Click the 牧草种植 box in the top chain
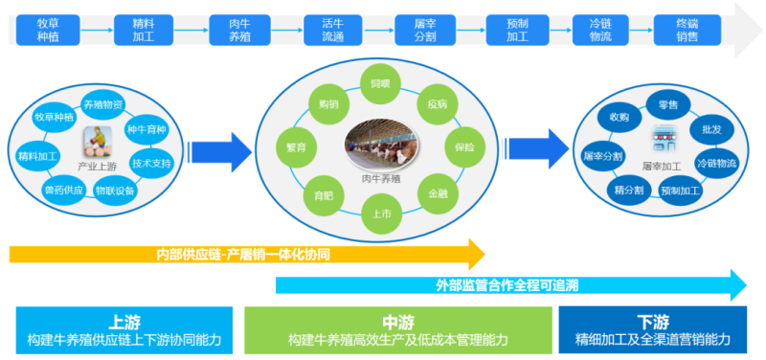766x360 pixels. pos(49,29)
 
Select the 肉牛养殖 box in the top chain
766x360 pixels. pos(229,29)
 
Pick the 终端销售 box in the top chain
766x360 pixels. pos(687,29)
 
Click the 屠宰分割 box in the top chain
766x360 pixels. pos(417,29)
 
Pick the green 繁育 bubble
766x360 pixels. pos(296,147)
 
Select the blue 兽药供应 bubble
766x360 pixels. pos(63,190)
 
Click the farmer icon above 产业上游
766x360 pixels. pos(97,141)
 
